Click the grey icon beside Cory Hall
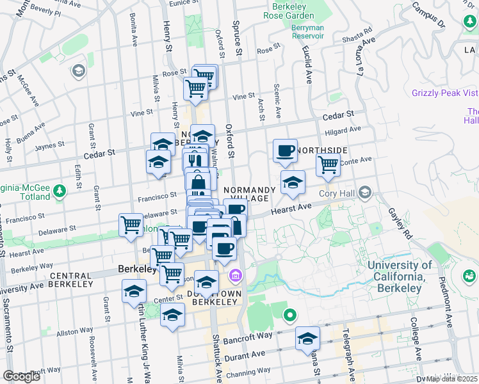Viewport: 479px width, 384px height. (365, 192)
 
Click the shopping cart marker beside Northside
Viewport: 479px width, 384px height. (328, 164)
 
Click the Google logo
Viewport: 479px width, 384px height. (21, 376)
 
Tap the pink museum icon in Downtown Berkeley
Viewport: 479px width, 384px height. (235, 275)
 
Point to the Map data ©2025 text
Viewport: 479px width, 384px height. (451, 378)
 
